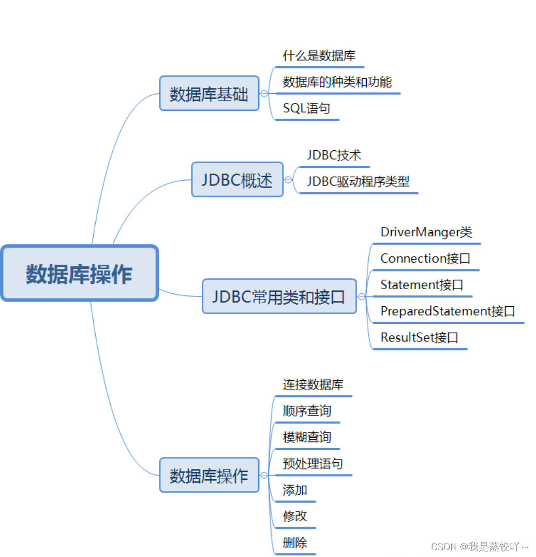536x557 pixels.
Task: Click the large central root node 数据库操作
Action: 79,273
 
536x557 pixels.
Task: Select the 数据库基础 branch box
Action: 209,94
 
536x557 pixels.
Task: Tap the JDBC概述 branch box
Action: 237,180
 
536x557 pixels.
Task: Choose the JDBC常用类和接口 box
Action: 279,296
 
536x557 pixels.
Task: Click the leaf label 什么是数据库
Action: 319,56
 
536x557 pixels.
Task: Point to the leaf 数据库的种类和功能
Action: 337,82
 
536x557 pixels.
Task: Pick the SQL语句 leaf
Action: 306,109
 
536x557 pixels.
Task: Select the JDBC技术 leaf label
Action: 334,155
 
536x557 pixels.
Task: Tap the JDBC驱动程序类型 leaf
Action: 358,182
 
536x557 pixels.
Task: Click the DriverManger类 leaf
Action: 426,232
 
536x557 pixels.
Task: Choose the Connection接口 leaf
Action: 425,258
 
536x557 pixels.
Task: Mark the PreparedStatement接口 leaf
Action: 448,311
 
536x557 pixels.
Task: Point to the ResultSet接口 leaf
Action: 419,337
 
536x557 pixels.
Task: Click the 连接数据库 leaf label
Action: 313,384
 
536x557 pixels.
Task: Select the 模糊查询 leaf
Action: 307,437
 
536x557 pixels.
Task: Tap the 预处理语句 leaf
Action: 312,463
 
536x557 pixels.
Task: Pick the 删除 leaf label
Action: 295,542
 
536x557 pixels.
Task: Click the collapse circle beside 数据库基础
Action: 264,94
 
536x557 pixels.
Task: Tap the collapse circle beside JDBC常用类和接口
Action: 362,296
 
